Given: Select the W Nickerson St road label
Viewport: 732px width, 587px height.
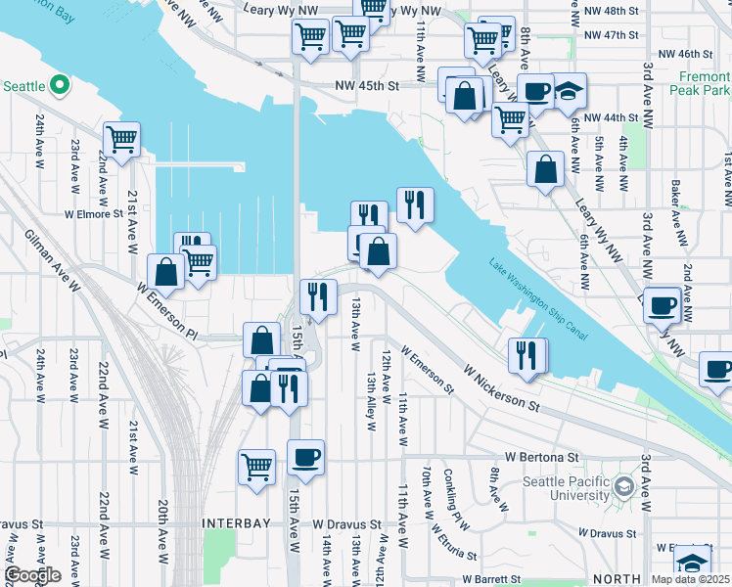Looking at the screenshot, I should [502, 388].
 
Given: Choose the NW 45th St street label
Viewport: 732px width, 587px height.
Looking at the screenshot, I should [366, 86].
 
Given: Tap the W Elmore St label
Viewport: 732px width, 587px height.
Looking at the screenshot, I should [93, 212].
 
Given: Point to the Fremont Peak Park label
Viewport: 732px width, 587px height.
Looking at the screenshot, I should [700, 82].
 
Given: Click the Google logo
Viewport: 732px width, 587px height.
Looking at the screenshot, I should [31, 575].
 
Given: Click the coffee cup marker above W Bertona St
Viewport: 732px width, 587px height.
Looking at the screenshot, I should [305, 458].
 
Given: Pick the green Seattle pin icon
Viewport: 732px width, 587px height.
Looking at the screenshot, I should [59, 86].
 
